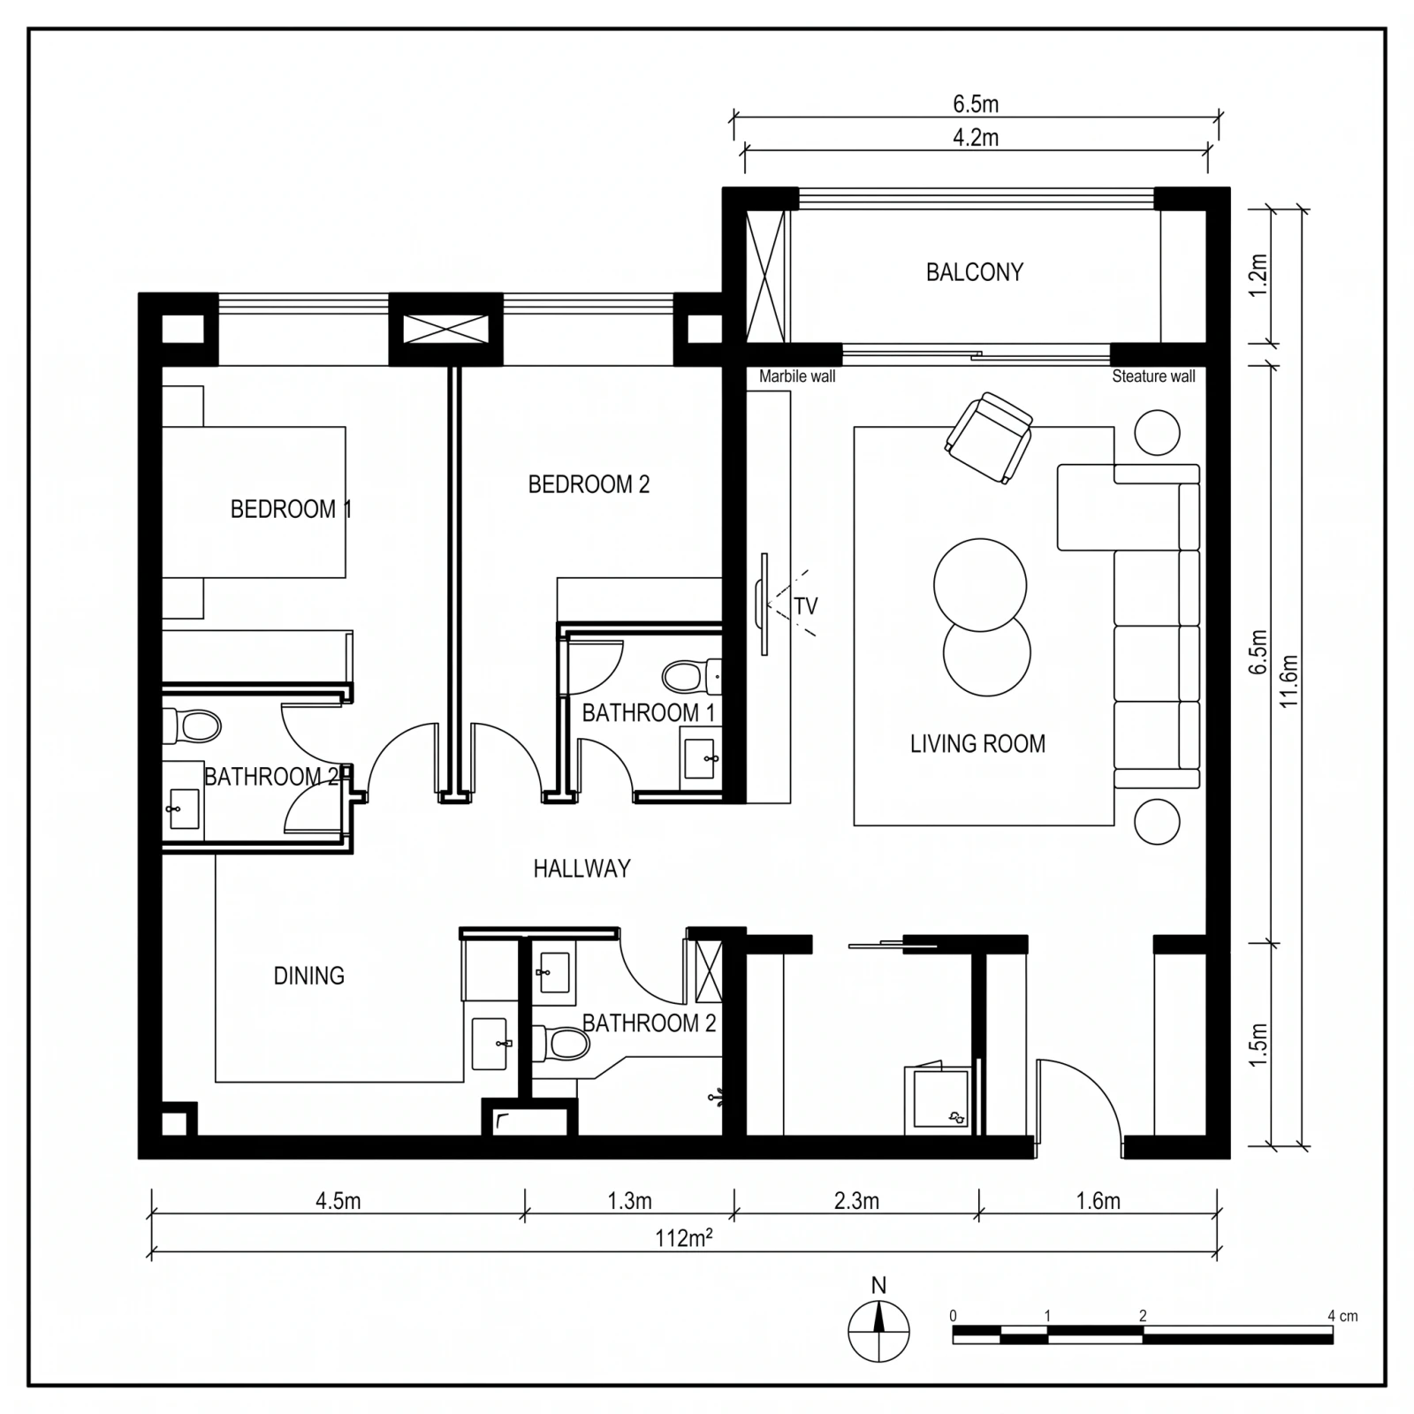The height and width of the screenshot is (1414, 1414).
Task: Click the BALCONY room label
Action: coord(974,272)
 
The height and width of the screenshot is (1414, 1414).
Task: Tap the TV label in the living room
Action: coord(805,606)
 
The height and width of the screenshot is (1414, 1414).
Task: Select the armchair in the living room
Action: coord(989,438)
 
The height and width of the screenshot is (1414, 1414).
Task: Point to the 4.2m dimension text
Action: coord(976,138)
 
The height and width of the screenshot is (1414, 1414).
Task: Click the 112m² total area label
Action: coord(683,1238)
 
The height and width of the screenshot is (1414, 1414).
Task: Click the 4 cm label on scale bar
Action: coord(1342,1316)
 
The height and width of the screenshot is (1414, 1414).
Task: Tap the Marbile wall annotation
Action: coord(797,376)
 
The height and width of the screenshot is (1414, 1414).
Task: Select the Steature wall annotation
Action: coord(1153,376)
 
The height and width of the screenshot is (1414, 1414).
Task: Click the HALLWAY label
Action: coord(582,869)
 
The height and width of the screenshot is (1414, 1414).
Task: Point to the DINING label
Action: coord(308,976)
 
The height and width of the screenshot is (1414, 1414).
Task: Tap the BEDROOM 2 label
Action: coord(589,484)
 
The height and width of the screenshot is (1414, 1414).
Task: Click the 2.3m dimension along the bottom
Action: coord(856,1201)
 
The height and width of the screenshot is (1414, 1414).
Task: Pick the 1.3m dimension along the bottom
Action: coord(629,1201)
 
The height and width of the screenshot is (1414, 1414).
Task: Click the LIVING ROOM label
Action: coord(977,744)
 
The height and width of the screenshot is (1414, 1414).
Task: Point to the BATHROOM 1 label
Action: coord(648,712)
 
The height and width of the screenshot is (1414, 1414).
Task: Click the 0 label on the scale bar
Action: coord(953,1316)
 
